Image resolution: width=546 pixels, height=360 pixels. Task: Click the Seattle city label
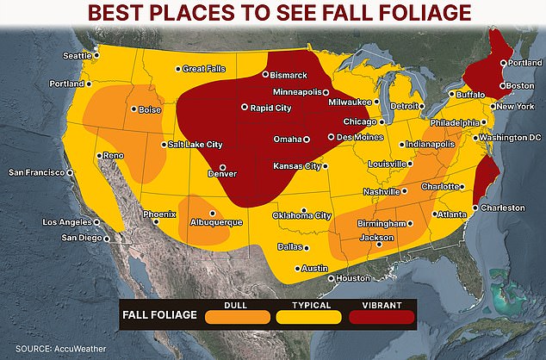(x=77, y=56)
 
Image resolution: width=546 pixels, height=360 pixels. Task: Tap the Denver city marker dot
(x=222, y=167)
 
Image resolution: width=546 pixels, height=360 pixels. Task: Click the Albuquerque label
(x=216, y=222)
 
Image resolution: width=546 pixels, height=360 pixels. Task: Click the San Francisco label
(x=36, y=172)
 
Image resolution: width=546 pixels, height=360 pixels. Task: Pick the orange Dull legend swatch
(x=237, y=317)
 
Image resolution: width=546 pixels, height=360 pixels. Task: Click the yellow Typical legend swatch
(x=308, y=317)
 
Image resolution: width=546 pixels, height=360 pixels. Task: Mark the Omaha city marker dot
(x=306, y=139)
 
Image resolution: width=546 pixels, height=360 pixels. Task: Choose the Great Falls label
(x=203, y=69)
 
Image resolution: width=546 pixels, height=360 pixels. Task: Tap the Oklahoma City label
(x=301, y=215)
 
